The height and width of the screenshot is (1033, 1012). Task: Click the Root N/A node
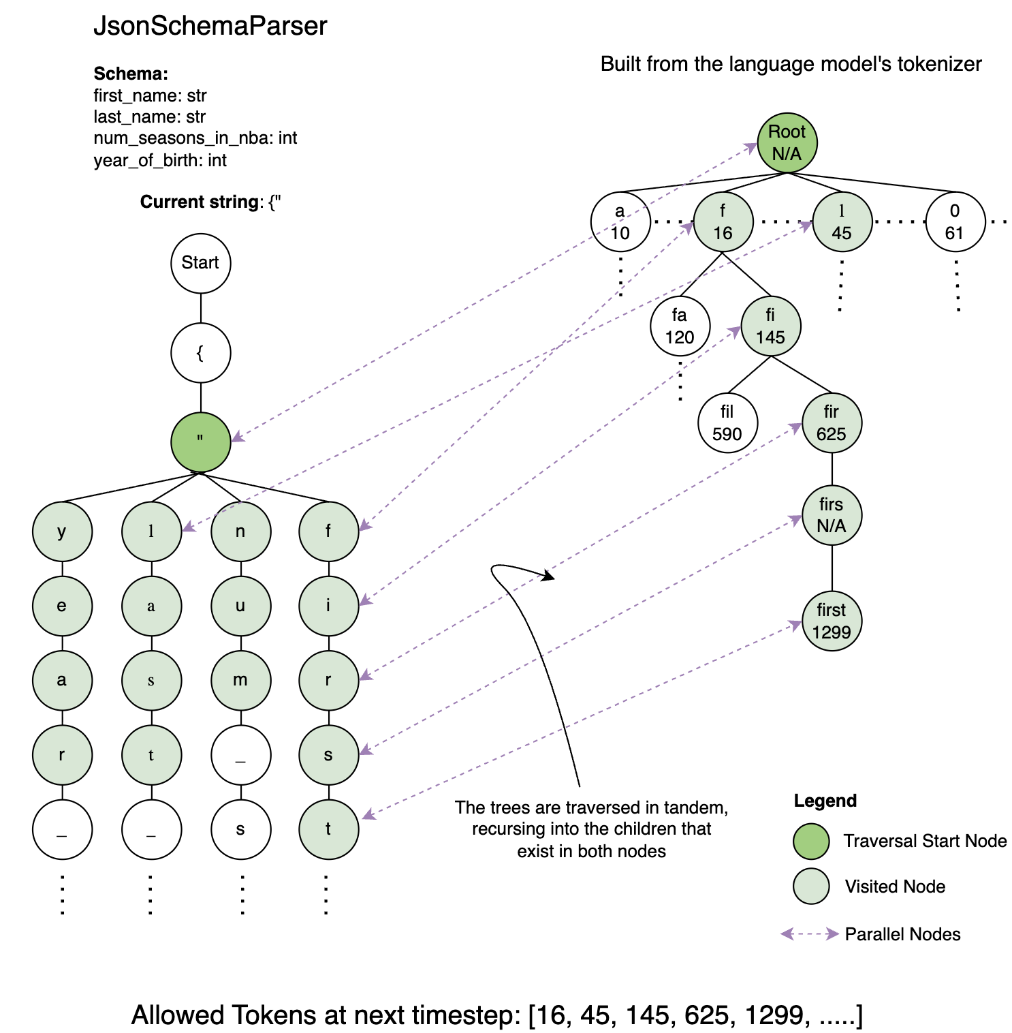[787, 142]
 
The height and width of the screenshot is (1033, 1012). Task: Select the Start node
[200, 263]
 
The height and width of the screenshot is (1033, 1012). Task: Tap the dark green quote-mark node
[200, 442]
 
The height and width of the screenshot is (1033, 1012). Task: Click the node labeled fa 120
[680, 326]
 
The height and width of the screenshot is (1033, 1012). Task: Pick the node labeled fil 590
[727, 423]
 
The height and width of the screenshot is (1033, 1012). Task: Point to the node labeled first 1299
[832, 621]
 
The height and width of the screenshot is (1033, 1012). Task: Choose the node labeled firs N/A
[832, 515]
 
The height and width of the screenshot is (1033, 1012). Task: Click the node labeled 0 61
[955, 222]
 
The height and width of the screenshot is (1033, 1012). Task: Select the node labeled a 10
[620, 222]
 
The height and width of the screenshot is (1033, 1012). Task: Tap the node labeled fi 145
[770, 326]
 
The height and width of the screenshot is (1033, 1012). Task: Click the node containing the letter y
[62, 531]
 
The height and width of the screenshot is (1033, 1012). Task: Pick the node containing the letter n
[240, 531]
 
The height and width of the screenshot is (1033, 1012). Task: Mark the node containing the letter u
[240, 606]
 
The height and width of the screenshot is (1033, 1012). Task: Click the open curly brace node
[200, 353]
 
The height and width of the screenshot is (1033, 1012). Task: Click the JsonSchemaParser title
[210, 26]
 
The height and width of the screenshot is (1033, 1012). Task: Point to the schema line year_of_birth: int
[160, 160]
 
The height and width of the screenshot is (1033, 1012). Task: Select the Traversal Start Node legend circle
[811, 841]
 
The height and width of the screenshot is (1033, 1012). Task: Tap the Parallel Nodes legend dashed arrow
[809, 934]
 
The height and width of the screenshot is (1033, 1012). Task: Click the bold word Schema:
[131, 74]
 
